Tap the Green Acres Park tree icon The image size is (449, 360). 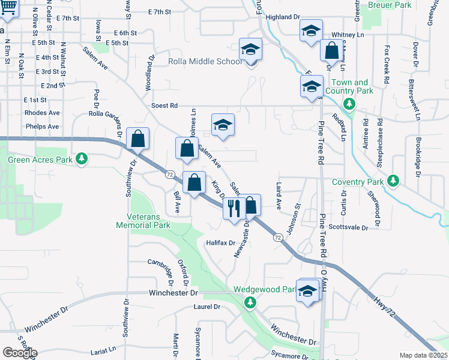coord(82,160)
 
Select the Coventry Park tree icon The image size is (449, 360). coord(393,181)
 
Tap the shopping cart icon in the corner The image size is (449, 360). coord(7,7)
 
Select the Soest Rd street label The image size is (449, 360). coord(164,106)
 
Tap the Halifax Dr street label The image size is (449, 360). coord(220,243)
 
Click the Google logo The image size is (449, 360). coord(19,352)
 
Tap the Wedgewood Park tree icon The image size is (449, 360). coord(250,302)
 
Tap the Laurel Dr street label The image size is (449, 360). coord(207,307)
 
